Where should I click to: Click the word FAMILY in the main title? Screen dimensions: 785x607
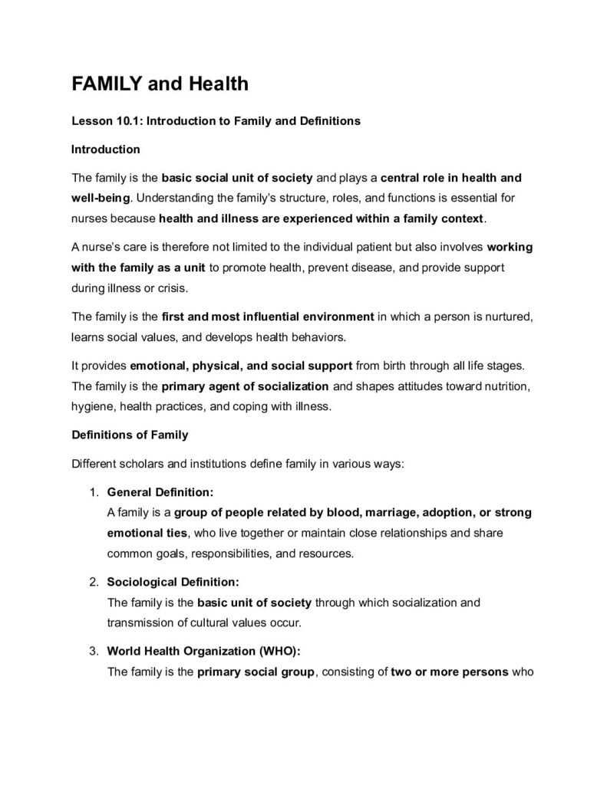pos(107,84)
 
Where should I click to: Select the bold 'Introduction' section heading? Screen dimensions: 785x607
pos(105,149)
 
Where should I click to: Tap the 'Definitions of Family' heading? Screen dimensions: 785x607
pos(129,435)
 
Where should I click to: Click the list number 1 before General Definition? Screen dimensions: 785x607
pos(93,491)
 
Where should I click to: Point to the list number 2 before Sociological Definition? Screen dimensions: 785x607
pos(93,582)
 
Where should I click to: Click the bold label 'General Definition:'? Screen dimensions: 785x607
pos(160,491)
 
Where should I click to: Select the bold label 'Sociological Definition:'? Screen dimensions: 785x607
pos(173,582)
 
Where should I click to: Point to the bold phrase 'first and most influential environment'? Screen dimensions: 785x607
pos(268,315)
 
